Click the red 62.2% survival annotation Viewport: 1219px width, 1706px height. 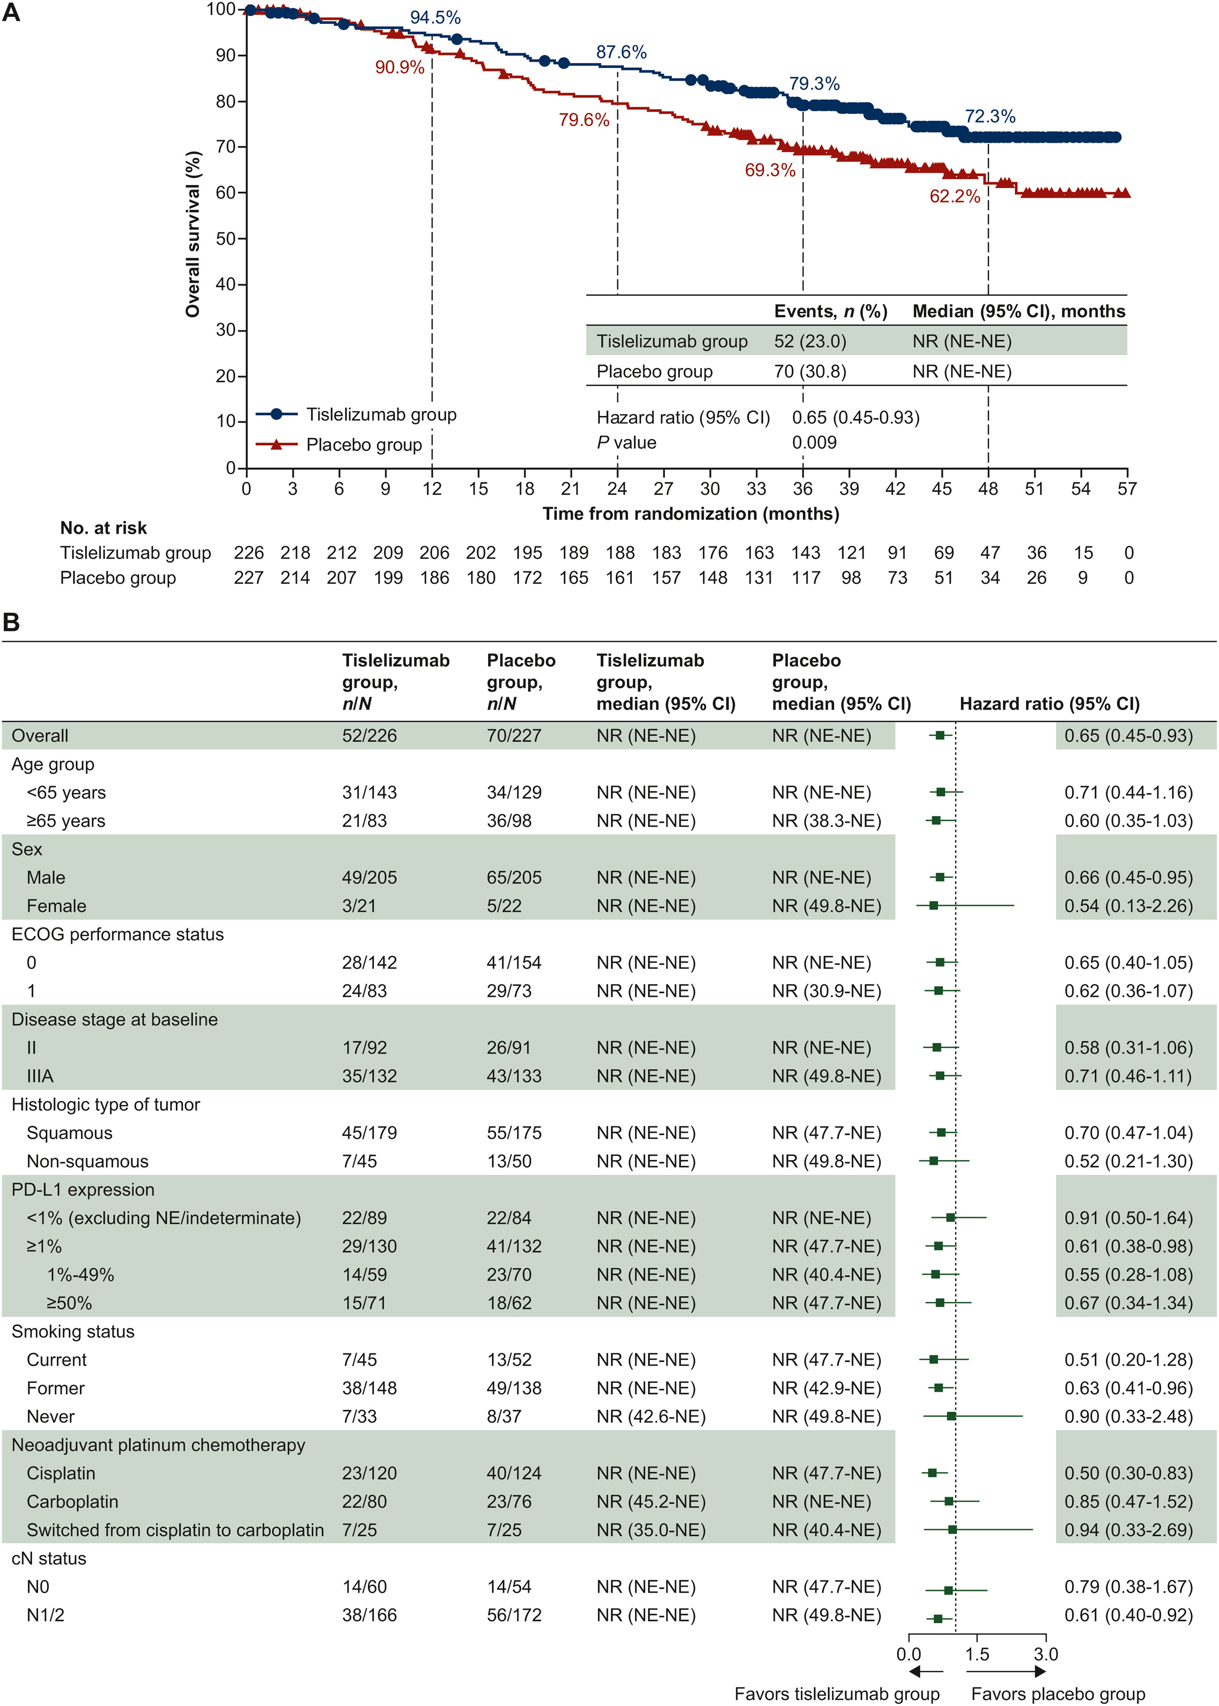955,197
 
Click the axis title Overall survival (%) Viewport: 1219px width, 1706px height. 193,234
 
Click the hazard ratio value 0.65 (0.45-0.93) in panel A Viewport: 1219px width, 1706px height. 856,417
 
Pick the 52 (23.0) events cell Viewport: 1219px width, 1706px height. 810,341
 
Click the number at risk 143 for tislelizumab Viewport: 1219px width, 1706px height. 805,553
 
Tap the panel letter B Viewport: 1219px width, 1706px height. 11,622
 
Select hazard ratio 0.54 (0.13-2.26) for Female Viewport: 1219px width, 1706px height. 1128,906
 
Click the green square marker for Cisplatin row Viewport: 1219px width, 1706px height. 932,1473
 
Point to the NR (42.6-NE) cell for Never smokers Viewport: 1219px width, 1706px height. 650,1416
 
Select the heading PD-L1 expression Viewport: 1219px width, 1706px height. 83,1190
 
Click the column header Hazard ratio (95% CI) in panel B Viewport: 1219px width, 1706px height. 1049,704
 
